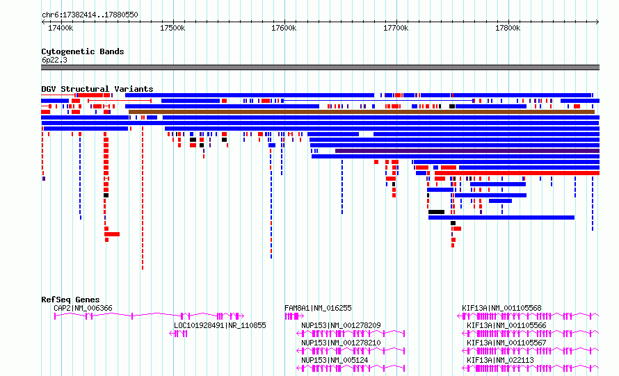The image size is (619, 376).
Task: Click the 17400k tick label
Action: (61, 28)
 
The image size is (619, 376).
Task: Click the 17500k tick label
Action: (172, 28)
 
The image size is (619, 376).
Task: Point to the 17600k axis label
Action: (284, 28)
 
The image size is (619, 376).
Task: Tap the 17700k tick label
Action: (396, 28)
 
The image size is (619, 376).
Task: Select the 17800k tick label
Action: (508, 28)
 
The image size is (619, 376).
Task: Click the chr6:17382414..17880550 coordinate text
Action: (90, 15)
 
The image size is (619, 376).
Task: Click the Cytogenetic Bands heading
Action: (83, 51)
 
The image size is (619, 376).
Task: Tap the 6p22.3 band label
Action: (54, 60)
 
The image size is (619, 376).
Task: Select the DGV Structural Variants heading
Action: (97, 89)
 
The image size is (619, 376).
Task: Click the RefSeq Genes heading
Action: (70, 300)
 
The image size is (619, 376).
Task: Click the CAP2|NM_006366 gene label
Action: (83, 308)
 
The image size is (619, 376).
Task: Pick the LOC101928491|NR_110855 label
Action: (220, 325)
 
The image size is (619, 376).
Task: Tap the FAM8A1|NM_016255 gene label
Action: (318, 308)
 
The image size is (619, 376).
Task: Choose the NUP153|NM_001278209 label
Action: (341, 325)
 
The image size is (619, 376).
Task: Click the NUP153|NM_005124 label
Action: (335, 360)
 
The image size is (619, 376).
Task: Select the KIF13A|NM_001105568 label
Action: (501, 308)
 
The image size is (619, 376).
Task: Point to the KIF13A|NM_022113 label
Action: (500, 360)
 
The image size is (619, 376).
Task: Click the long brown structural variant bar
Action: (362, 112)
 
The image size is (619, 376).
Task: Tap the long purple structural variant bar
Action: (467, 151)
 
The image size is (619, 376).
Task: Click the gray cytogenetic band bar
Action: (320, 67)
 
